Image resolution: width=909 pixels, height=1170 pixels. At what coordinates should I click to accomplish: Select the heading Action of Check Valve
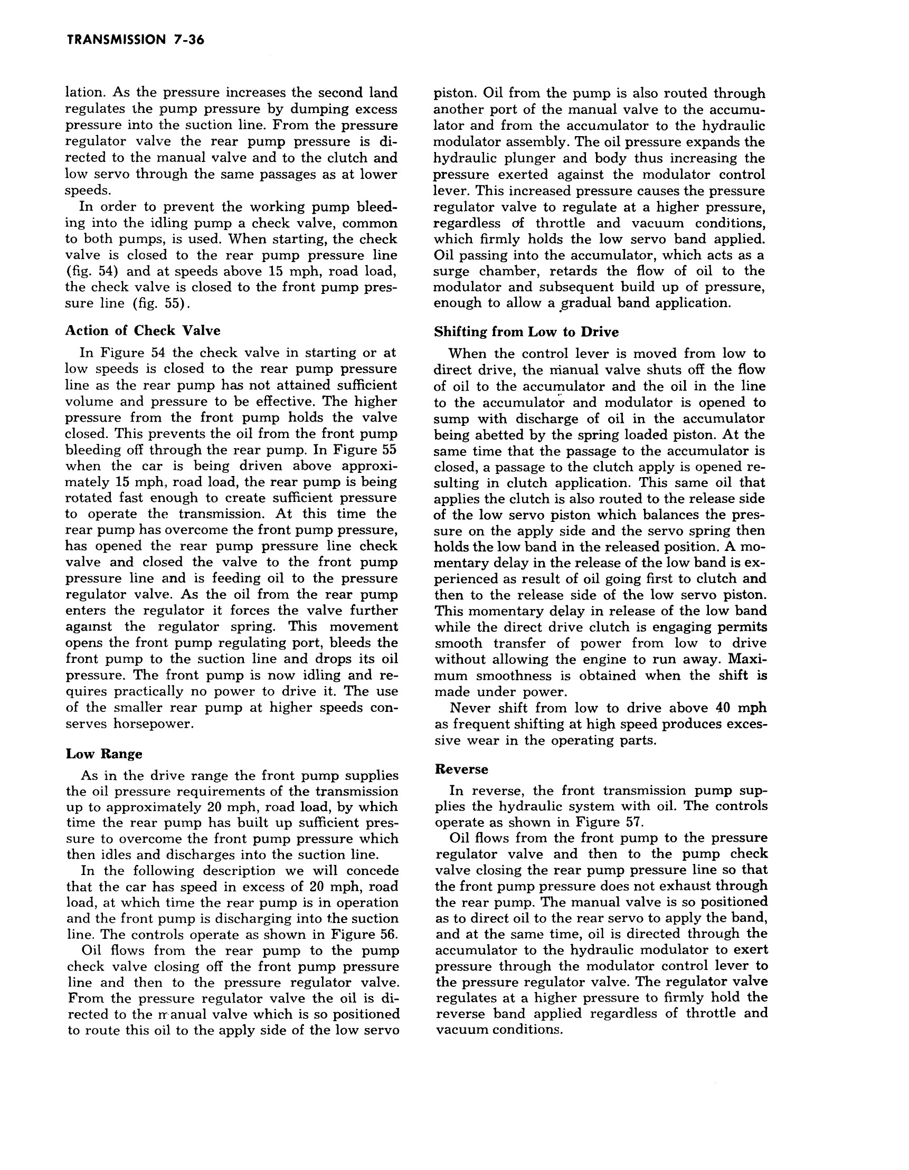pyautogui.click(x=143, y=330)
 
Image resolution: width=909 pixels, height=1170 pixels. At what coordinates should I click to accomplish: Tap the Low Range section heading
pyautogui.click(x=104, y=754)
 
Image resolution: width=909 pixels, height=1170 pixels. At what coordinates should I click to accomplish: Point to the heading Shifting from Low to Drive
pyautogui.click(x=526, y=332)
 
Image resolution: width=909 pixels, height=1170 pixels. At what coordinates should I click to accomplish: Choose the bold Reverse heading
pyautogui.click(x=461, y=769)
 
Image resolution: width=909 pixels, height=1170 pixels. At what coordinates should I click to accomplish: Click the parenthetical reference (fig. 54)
pyautogui.click(x=91, y=271)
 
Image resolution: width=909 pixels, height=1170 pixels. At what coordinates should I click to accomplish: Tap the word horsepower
pyautogui.click(x=151, y=724)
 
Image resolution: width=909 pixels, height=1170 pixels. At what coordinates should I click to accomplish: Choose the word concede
pyautogui.click(x=372, y=871)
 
